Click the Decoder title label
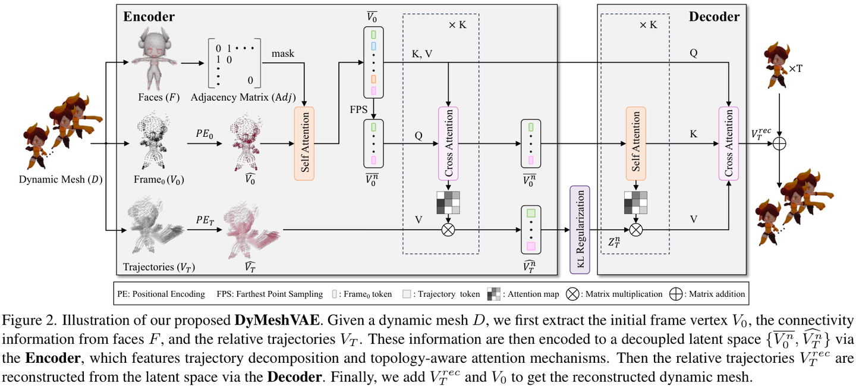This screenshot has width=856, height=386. click(x=714, y=17)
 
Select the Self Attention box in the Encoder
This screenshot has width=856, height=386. click(x=304, y=143)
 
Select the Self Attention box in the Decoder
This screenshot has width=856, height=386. click(x=635, y=143)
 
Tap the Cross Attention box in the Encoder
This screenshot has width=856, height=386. click(x=448, y=143)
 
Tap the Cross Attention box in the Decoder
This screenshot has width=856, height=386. click(x=728, y=143)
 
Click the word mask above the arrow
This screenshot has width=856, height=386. click(x=283, y=54)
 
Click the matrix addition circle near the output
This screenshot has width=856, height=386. click(x=779, y=144)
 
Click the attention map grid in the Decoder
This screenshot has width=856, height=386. click(x=635, y=203)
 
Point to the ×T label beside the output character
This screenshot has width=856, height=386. click(x=795, y=69)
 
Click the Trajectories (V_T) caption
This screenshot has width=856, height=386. click(x=159, y=267)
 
